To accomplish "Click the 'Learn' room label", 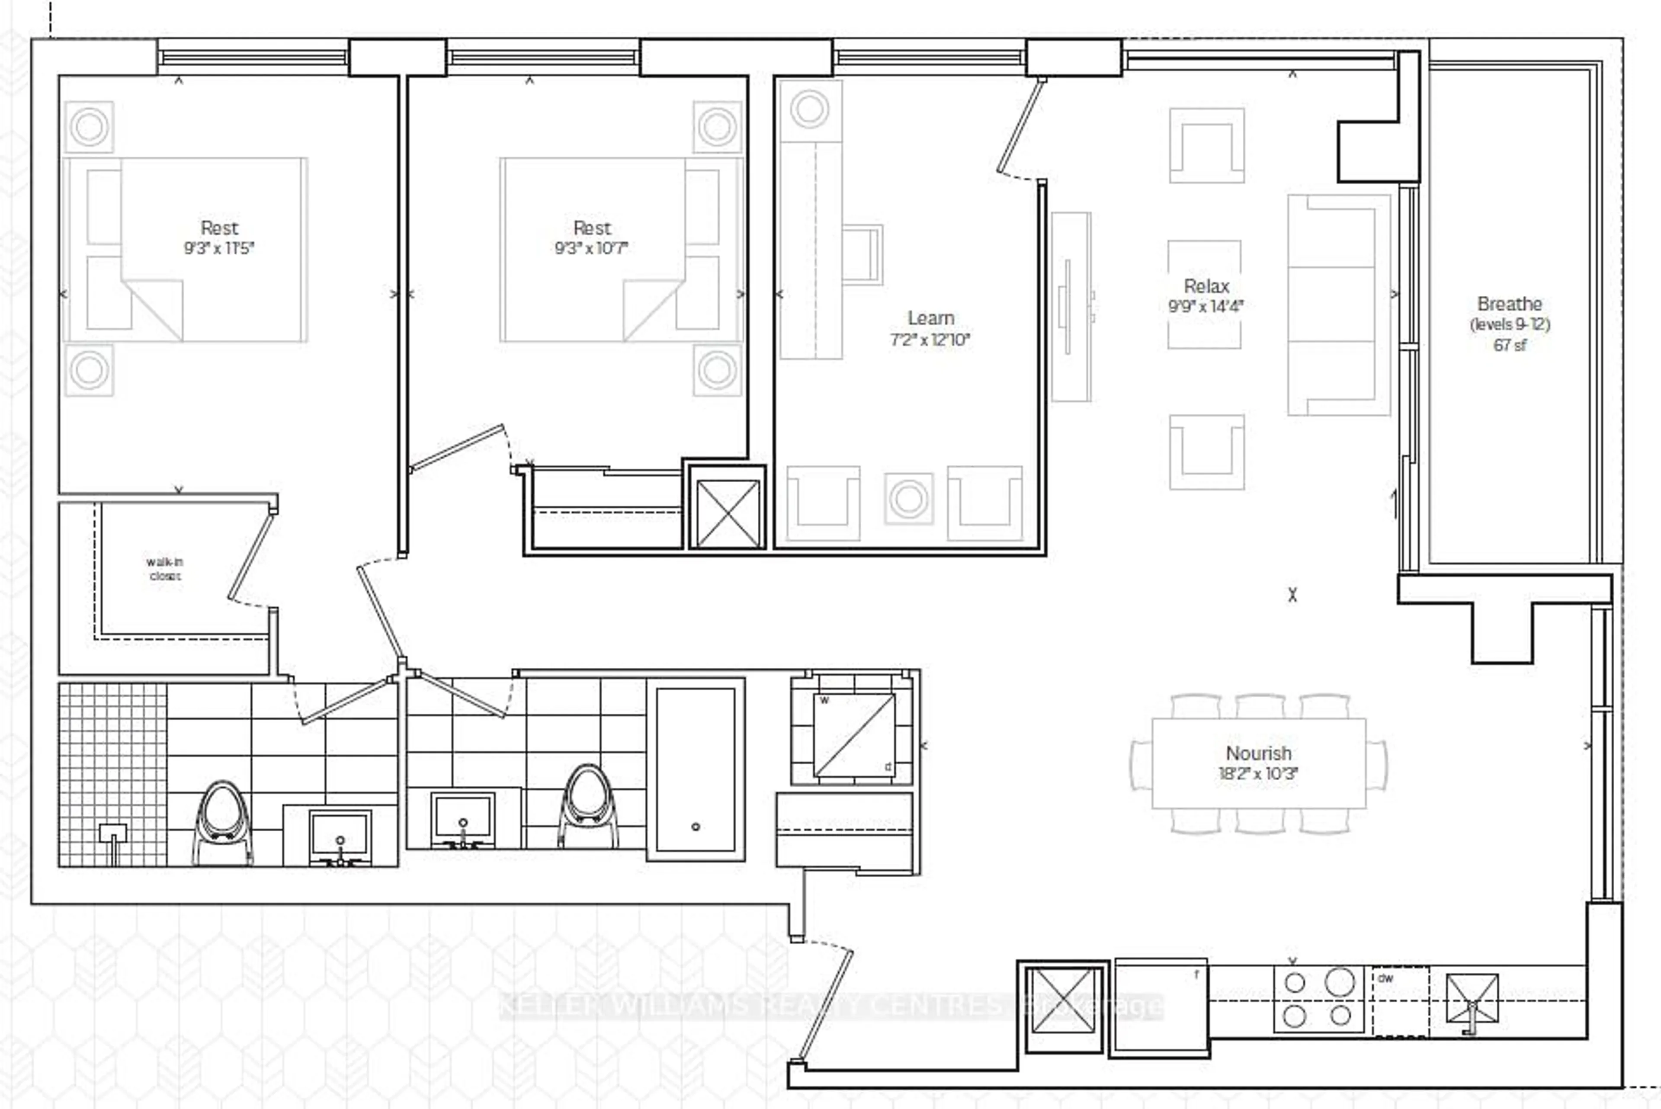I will click(x=930, y=318).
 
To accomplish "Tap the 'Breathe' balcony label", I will click(x=1509, y=304).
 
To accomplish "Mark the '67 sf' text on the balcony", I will click(x=1509, y=345).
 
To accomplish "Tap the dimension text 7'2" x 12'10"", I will click(x=930, y=340).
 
